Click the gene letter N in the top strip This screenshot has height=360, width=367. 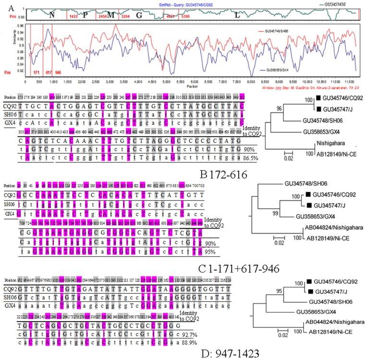(x=51, y=15)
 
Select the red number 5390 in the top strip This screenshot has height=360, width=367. (x=185, y=16)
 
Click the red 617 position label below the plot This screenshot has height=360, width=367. (x=49, y=73)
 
